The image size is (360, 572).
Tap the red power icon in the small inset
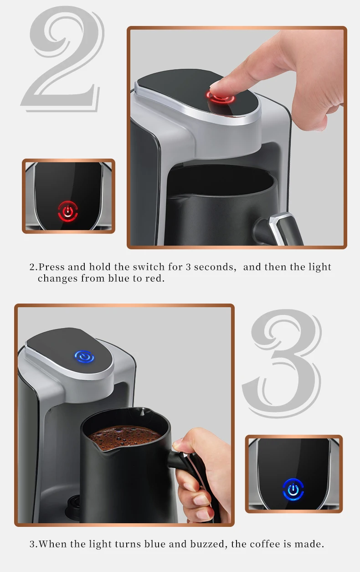pos(67,211)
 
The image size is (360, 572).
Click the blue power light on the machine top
pos(84,356)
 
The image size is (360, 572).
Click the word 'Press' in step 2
pos(51,267)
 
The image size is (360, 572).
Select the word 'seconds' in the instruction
pos(214,267)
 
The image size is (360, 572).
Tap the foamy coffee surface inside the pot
pos(125,437)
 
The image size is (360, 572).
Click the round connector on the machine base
pos(72,505)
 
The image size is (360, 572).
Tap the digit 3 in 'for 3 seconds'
pos(188,268)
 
